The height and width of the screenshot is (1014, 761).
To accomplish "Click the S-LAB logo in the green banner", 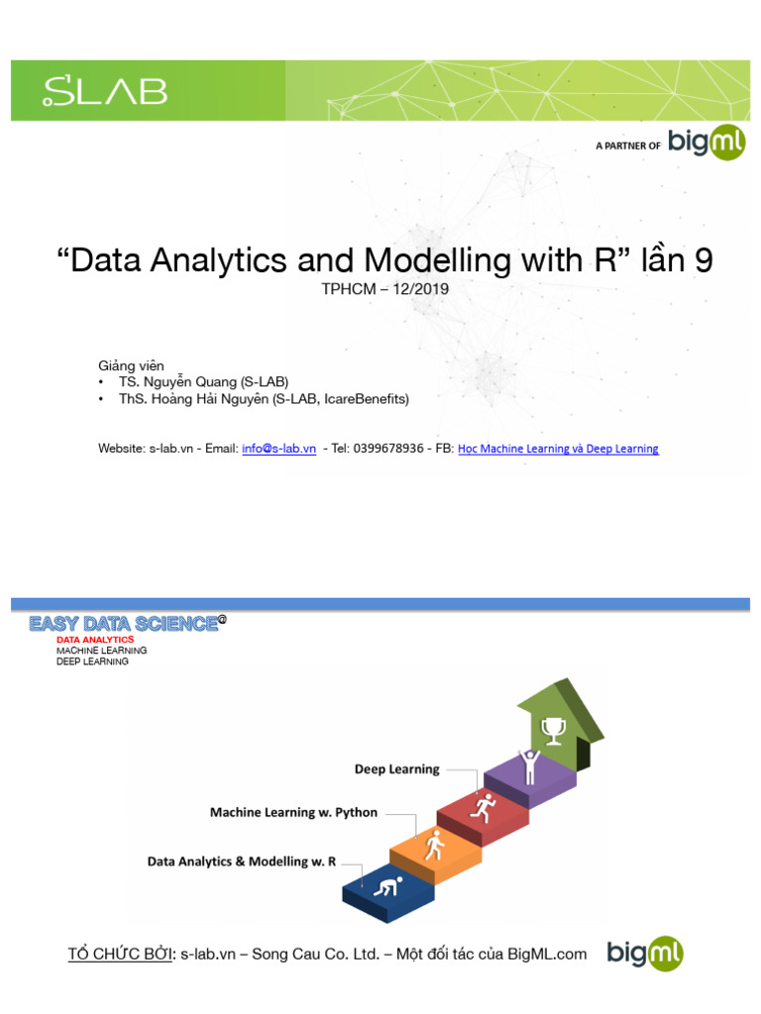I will click(104, 91).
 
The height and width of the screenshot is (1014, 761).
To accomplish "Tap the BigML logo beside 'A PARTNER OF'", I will click(707, 144).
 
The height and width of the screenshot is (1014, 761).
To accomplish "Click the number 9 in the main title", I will click(703, 260).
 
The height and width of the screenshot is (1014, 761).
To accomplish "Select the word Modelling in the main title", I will click(437, 260).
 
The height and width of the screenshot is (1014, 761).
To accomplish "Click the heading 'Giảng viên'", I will click(131, 365).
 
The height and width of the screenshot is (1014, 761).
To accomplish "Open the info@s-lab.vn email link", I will click(278, 449).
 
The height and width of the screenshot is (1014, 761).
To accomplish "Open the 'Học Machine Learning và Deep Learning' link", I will click(558, 449).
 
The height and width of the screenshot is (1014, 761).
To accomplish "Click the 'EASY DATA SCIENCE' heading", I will click(123, 624).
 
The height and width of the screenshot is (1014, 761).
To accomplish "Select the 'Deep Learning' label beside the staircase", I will click(396, 769).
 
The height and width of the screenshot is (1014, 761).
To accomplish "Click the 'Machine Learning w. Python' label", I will click(293, 813).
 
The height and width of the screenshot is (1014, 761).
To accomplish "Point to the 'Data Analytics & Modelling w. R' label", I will click(242, 862).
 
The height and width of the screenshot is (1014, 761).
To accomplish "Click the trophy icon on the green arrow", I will click(552, 730).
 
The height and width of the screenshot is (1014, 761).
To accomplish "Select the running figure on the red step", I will click(485, 807).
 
